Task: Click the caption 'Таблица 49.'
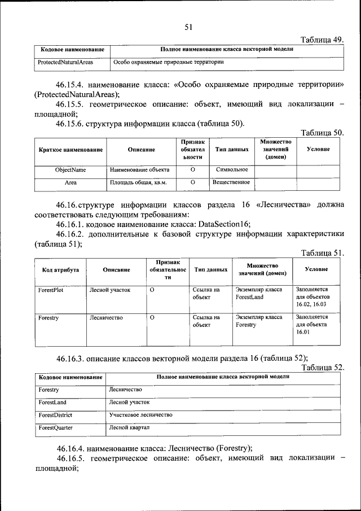tap(322, 40)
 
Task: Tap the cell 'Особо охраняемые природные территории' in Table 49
tap(167, 62)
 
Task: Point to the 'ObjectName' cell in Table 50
tap(71, 169)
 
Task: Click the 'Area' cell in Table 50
tap(71, 183)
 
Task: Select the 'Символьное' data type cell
tap(232, 169)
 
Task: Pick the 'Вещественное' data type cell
tap(231, 182)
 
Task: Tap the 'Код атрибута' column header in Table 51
tap(56, 270)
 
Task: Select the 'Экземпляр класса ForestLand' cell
tap(258, 293)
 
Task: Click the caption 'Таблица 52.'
tap(322, 367)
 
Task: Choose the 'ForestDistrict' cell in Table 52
tap(55, 415)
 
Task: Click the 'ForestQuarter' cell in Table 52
tap(55, 428)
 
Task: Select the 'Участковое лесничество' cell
tap(140, 415)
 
